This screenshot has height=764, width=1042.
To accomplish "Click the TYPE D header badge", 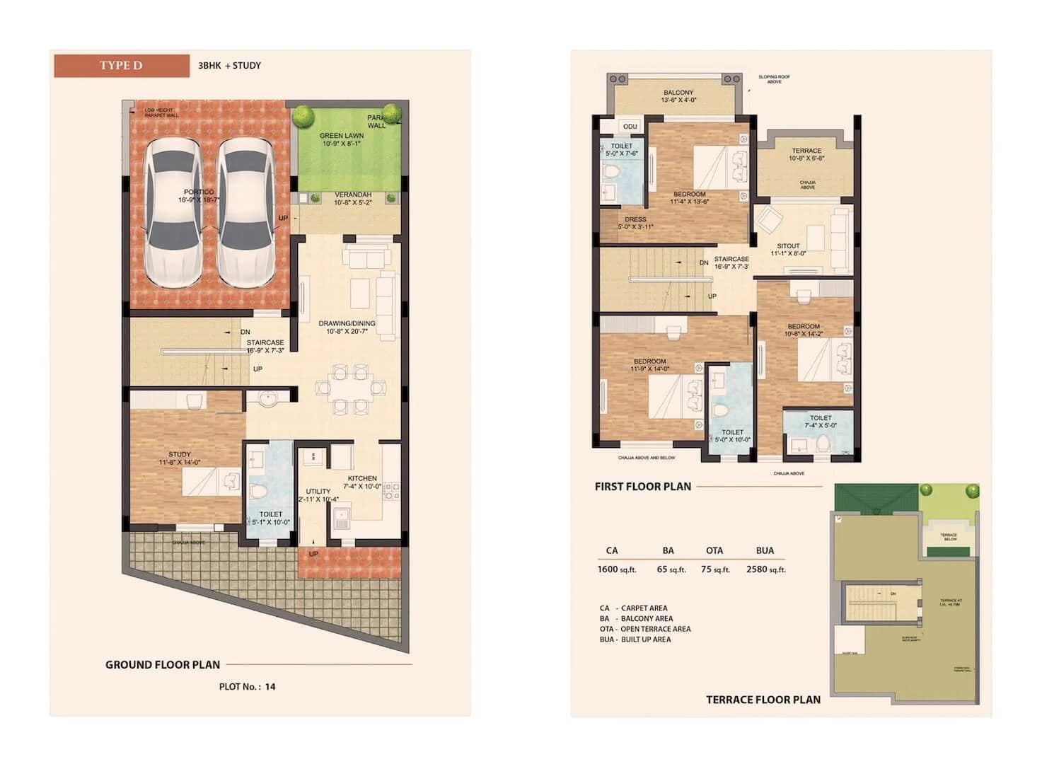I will (x=121, y=66).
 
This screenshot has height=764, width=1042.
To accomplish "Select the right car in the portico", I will (x=245, y=212).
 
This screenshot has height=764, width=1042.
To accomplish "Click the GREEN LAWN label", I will (x=342, y=136).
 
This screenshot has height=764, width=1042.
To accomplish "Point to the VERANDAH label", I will (x=352, y=195).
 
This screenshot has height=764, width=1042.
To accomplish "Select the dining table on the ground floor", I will (x=351, y=388).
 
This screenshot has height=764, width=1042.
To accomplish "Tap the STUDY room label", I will (x=180, y=454).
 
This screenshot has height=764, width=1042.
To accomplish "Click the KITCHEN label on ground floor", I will (x=362, y=478).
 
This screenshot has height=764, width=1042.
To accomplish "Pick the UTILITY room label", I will (x=318, y=491).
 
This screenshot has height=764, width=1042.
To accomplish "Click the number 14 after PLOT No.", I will (x=270, y=686).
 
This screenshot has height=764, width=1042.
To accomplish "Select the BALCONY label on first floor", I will (x=678, y=93).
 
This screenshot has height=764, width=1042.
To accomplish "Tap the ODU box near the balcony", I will (x=630, y=127).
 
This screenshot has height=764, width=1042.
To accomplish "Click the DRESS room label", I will (x=635, y=219).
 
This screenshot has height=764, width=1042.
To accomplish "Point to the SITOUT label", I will (x=788, y=246).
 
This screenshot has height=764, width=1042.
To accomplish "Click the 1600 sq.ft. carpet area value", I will (x=617, y=569).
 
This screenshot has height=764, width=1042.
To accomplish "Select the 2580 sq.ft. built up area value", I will (x=765, y=569).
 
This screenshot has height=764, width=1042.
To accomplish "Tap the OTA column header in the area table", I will (x=714, y=550).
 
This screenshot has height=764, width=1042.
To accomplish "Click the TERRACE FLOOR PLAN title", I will (x=763, y=700).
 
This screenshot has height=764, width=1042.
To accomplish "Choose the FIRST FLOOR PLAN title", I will (x=642, y=487).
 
